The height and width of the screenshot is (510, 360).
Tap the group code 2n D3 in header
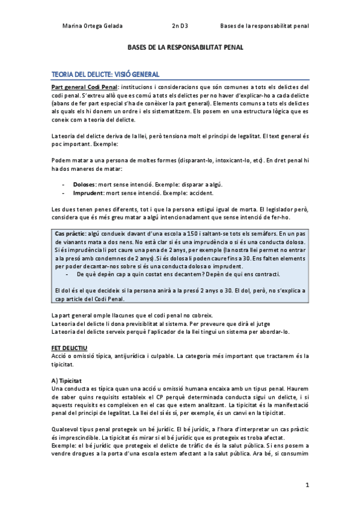[179, 26]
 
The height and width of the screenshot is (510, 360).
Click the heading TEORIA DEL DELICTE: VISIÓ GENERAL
[105, 75]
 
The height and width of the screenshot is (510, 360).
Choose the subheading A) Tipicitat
[67, 381]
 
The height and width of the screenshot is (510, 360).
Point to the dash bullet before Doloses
[64, 184]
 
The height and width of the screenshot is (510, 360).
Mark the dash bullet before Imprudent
[64, 193]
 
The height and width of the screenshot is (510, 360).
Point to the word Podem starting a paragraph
[61, 161]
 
